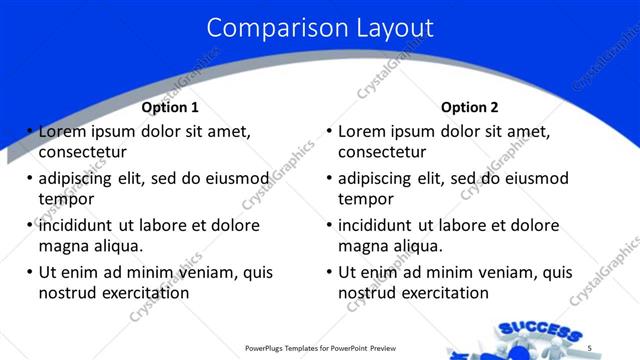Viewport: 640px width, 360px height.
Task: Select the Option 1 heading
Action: (170, 107)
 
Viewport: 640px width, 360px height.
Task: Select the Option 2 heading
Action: (469, 107)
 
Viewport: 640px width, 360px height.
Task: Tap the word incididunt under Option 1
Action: (78, 225)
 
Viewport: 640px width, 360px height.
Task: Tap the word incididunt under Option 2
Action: (377, 225)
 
